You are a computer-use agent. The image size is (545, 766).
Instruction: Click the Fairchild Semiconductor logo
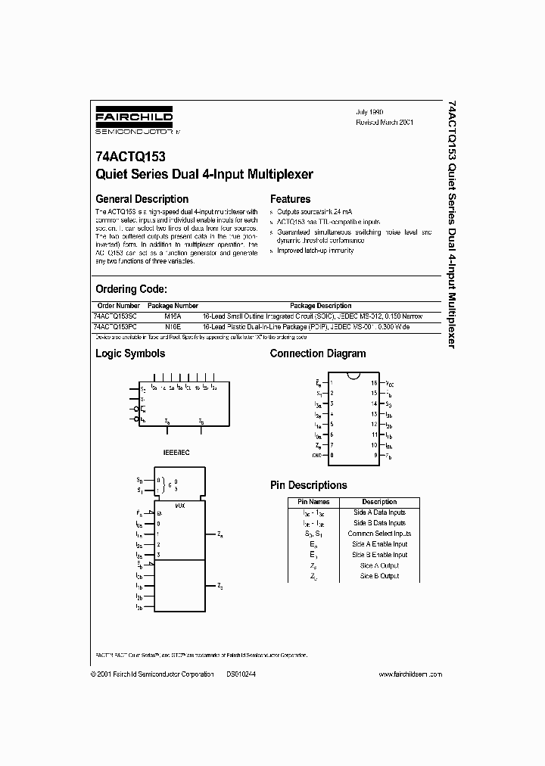134,122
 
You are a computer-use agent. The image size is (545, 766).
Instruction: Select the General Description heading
142,199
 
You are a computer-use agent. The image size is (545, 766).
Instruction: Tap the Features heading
291,199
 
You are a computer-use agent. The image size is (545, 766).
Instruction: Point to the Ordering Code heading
131,289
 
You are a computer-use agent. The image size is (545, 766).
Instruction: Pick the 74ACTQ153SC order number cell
116,316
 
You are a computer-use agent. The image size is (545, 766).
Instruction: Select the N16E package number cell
173,326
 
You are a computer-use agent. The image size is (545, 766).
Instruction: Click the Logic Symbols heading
129,353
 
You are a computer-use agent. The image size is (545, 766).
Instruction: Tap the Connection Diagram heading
317,353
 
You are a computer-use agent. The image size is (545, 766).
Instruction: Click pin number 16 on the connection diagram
373,384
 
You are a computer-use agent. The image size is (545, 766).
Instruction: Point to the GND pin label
316,456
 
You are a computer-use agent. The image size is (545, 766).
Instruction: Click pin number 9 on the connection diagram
373,456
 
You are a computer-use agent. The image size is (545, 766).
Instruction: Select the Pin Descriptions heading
309,485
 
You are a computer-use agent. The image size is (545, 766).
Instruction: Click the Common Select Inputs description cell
379,534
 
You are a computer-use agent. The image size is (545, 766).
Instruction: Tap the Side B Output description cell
379,576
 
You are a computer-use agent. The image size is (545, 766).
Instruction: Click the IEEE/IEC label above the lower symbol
173,452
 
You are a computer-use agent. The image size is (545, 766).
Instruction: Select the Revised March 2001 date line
385,122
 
